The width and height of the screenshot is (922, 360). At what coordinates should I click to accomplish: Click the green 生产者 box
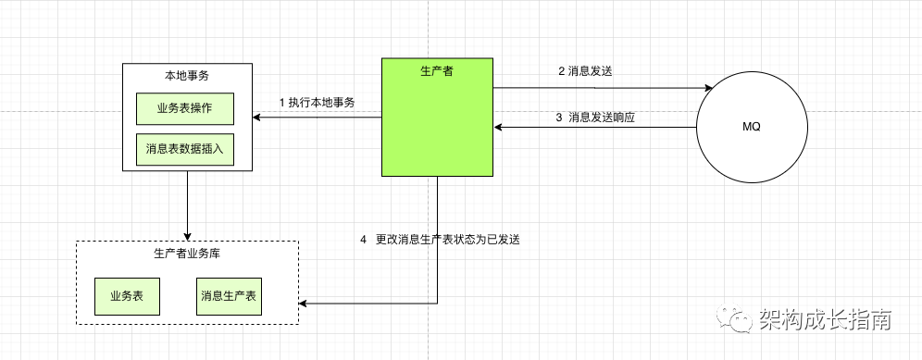pyautogui.click(x=438, y=118)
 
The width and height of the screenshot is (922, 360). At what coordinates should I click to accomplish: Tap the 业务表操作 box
pyautogui.click(x=185, y=109)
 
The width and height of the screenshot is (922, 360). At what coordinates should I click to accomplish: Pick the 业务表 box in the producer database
pyautogui.click(x=127, y=296)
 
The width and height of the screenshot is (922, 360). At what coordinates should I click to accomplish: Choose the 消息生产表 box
pyautogui.click(x=230, y=296)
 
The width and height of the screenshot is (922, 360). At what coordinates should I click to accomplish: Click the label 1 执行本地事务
pyautogui.click(x=318, y=103)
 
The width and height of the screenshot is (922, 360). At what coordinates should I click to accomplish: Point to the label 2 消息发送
pyautogui.click(x=585, y=70)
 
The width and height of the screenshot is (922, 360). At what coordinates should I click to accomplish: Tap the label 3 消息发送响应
pyautogui.click(x=595, y=117)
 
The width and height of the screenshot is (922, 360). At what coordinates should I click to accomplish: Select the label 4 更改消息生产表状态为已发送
pyautogui.click(x=440, y=240)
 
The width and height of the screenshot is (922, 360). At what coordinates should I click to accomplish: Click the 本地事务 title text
pyautogui.click(x=187, y=75)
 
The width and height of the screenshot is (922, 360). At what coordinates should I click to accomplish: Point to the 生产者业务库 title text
pyautogui.click(x=187, y=254)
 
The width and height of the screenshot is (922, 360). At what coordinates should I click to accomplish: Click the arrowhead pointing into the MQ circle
pyautogui.click(x=708, y=88)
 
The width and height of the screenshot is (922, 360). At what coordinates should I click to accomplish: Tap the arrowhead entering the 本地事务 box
pyautogui.click(x=257, y=118)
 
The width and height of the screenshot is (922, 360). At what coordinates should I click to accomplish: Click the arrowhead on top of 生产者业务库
pyautogui.click(x=188, y=236)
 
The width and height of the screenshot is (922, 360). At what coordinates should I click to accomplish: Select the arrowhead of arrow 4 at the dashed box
pyautogui.click(x=304, y=304)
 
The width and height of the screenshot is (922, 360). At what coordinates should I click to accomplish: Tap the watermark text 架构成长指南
pyautogui.click(x=825, y=319)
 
